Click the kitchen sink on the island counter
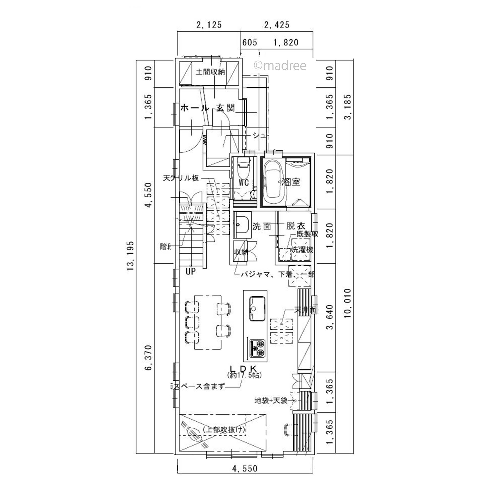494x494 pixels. point(257,308)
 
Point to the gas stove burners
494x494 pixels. point(258,348)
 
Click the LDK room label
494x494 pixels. point(243,369)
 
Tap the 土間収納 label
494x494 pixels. point(210,72)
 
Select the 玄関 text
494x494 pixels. point(226,108)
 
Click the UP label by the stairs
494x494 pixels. point(190,271)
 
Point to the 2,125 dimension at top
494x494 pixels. point(209,25)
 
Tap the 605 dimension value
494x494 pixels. point(250,42)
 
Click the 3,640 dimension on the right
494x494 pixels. point(330,317)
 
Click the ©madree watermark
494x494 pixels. point(280,66)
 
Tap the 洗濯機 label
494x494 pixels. point(303,250)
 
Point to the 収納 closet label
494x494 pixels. point(241,252)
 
